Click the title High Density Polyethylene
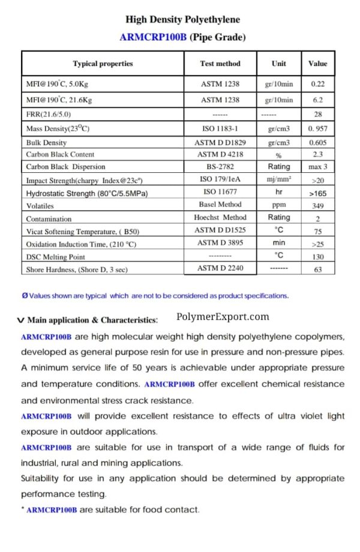click(182, 20)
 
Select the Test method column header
click(220, 63)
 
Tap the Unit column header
click(278, 63)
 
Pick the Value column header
click(317, 63)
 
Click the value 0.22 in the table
click(317, 85)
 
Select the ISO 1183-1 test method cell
click(220, 128)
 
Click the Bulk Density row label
click(46, 143)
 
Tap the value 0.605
click(317, 143)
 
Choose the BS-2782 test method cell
click(220, 167)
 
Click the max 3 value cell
click(317, 167)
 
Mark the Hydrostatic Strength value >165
click(317, 194)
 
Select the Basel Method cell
click(220, 205)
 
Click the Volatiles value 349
click(317, 206)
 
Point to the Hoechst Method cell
click(220, 218)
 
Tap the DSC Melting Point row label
click(56, 257)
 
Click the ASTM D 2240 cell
click(220, 268)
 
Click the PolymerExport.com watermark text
click(223, 317)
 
